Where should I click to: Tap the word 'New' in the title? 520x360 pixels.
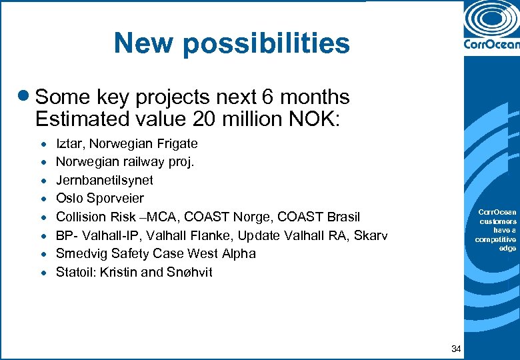[x=138, y=43]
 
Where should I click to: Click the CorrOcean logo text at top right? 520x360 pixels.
[x=491, y=45]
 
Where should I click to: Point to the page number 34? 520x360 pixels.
[x=457, y=349]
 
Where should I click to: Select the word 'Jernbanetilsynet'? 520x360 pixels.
[x=105, y=180]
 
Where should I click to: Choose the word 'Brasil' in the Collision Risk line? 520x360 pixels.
[x=341, y=217]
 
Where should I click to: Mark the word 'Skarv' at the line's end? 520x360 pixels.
[x=371, y=235]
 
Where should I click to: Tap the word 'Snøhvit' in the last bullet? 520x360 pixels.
[x=190, y=272]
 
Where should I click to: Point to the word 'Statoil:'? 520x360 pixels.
[x=76, y=272]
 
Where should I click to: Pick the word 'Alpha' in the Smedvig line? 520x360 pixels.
[x=239, y=253]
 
